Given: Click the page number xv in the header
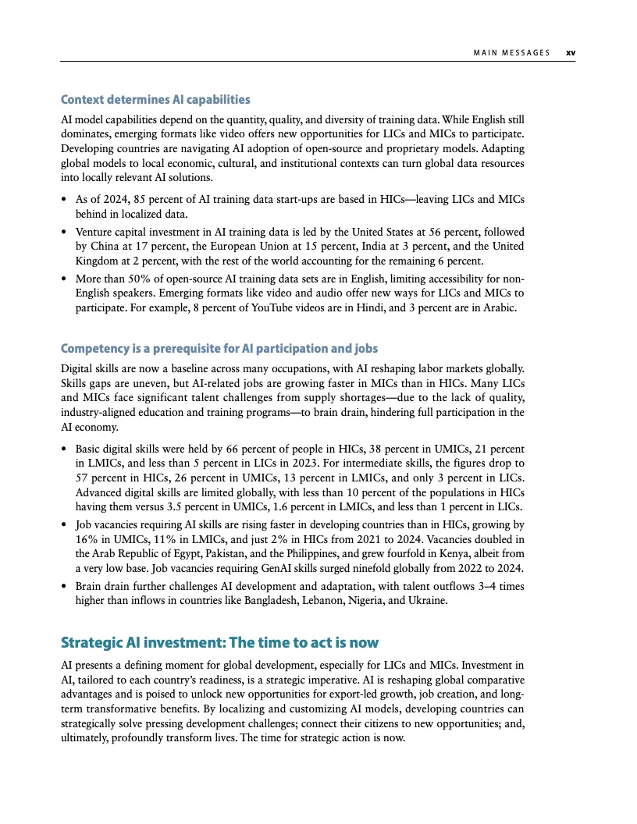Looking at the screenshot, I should tap(571, 53).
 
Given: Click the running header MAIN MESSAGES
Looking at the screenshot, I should tap(511, 53).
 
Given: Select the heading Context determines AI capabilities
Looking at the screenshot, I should tap(155, 100).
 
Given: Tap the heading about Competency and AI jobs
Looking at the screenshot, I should tap(219, 347).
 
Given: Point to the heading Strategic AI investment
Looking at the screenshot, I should tap(219, 643).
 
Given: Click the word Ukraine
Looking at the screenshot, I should tap(427, 601).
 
